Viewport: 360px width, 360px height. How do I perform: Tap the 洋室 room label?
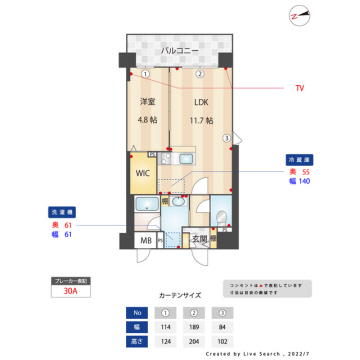tap(147, 102)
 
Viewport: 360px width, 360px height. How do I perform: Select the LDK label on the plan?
tap(201, 102)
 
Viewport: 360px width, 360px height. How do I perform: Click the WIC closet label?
tap(143, 171)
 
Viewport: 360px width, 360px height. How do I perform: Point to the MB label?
tap(145, 241)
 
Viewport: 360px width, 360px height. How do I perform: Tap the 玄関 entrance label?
tap(202, 240)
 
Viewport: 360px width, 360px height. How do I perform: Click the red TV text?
tap(300, 88)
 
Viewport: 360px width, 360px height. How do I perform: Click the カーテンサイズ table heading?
tap(180, 296)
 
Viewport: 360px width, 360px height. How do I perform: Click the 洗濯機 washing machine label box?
tap(61, 213)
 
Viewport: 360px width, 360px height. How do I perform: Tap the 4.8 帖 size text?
tap(147, 121)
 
